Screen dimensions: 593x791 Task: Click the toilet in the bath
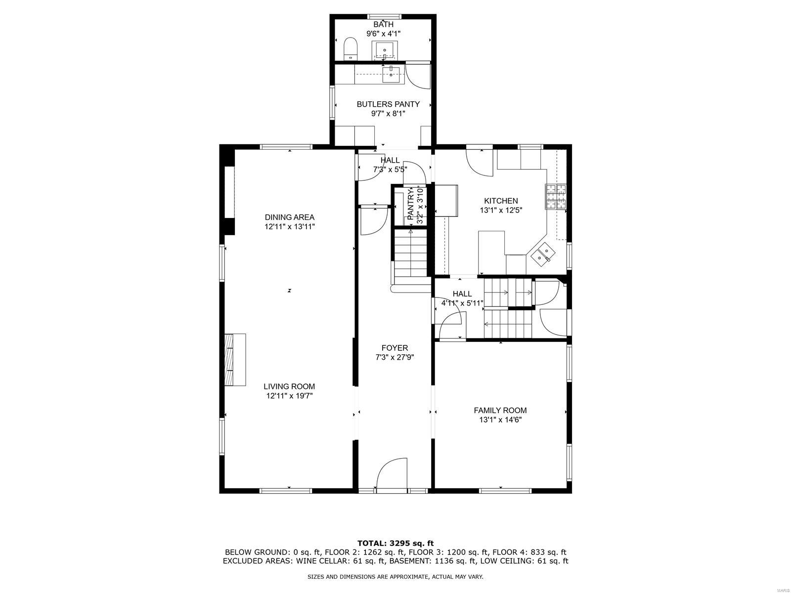(351, 49)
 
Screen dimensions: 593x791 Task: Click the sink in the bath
(384, 50)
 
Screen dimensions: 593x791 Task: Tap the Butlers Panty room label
(388, 104)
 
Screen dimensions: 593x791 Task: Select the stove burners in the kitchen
(556, 196)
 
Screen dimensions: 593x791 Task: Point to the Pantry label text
(410, 204)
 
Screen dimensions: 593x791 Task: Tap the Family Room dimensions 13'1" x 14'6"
(500, 420)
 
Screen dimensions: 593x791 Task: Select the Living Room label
(289, 386)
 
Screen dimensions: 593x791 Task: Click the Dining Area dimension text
(289, 227)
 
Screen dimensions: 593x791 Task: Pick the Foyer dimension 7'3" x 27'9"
(395, 357)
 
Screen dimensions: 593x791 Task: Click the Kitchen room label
(501, 201)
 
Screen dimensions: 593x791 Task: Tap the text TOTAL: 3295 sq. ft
(395, 543)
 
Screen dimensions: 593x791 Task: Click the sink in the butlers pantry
(391, 74)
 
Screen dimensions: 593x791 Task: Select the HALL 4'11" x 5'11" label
(462, 298)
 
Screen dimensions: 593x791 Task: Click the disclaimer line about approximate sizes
(395, 577)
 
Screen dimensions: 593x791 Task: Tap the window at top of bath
(383, 16)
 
